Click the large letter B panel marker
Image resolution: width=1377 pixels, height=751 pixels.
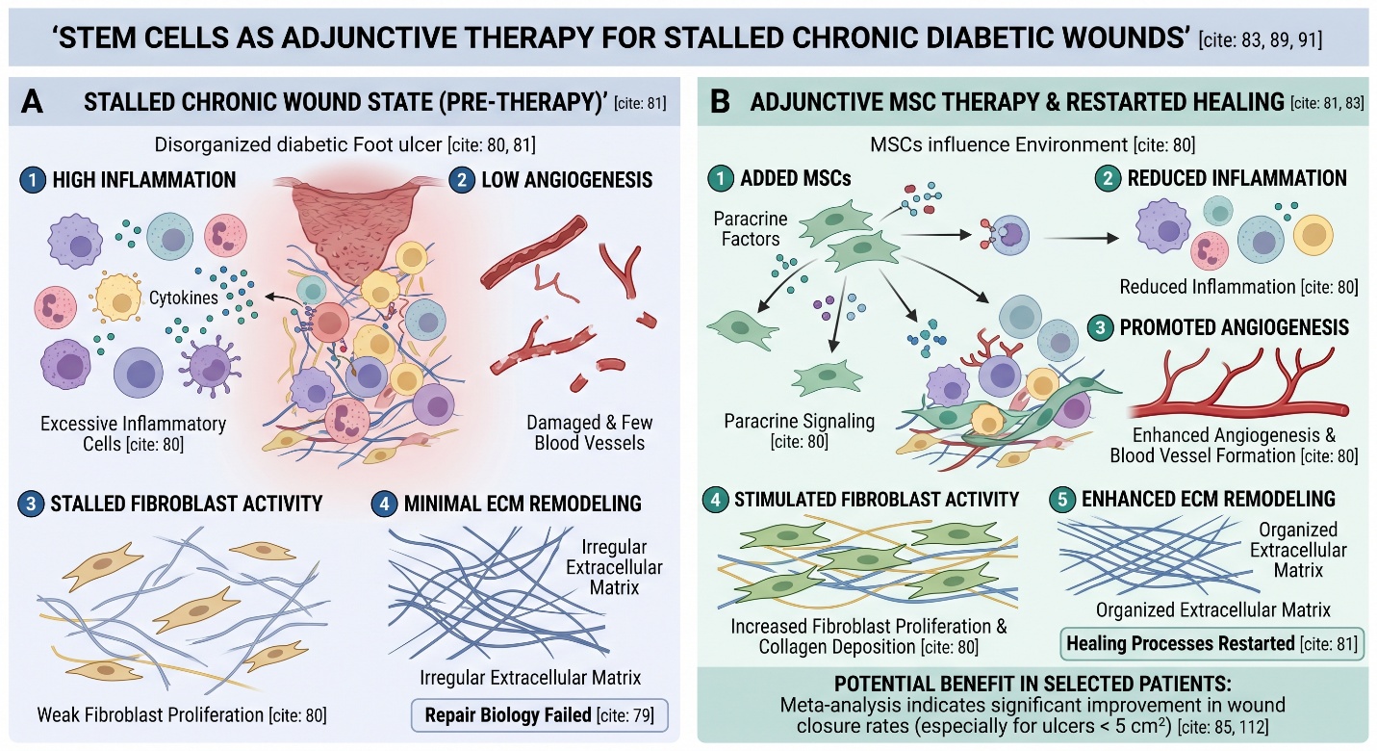(721, 101)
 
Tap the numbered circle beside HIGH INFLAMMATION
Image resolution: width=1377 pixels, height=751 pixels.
(32, 179)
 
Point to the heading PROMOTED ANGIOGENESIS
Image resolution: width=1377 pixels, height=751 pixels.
(1235, 327)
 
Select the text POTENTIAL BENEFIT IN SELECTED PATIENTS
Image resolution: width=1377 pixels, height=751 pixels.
(1033, 685)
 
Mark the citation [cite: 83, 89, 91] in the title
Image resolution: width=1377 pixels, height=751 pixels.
(1261, 39)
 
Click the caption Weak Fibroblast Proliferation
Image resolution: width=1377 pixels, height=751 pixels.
(182, 715)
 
